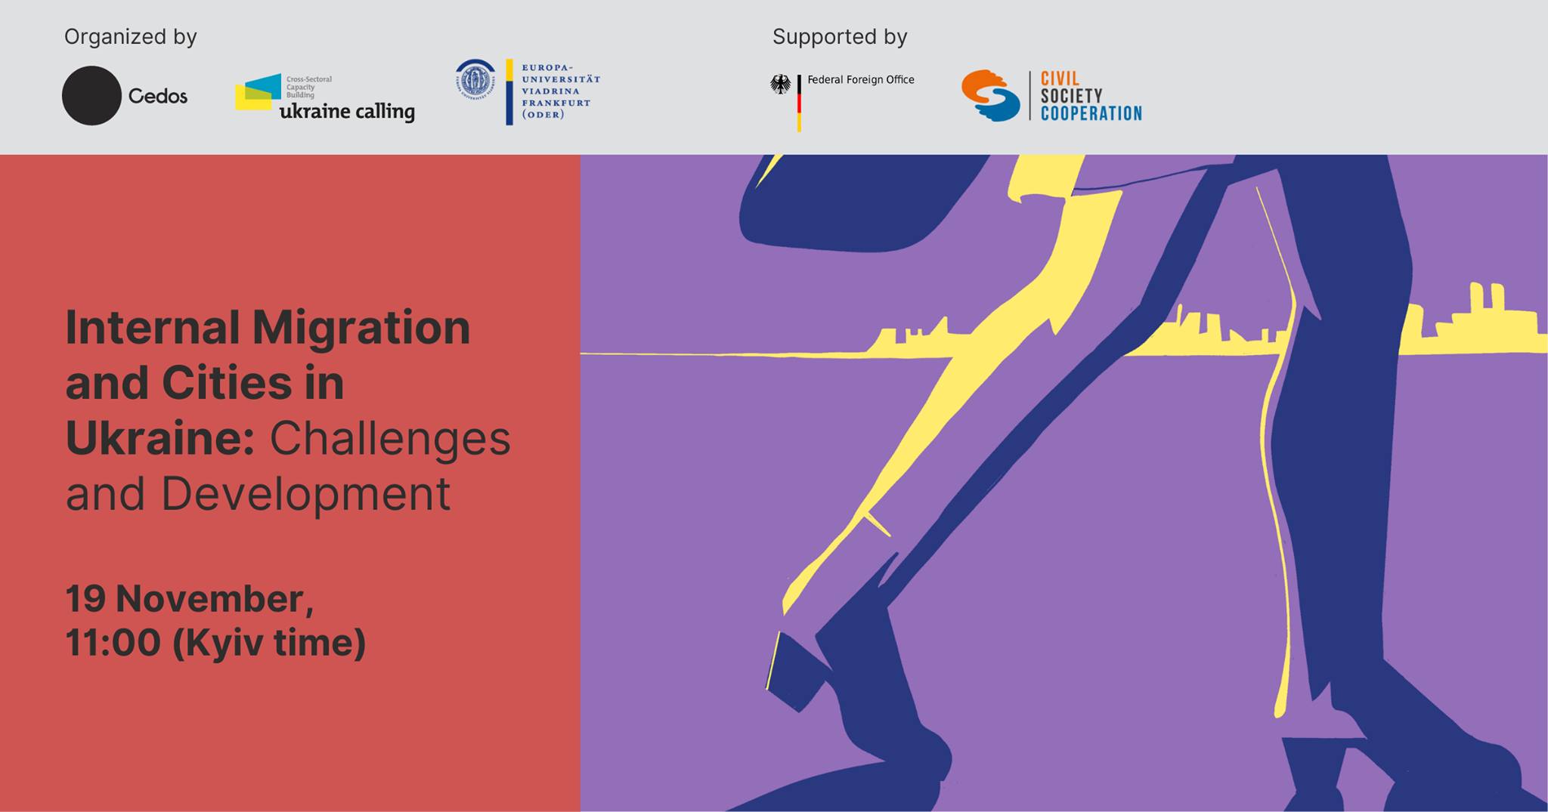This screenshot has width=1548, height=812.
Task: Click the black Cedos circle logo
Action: coord(91,95)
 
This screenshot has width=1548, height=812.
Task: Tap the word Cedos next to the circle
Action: coord(157,96)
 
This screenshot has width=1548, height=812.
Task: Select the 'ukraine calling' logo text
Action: coord(347,112)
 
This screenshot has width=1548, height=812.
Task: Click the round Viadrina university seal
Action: coord(475,79)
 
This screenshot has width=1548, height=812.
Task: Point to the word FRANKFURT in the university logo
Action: coord(556,103)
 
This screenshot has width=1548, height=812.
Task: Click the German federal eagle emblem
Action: coord(781,84)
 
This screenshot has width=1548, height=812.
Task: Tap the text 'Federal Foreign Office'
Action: coord(861,79)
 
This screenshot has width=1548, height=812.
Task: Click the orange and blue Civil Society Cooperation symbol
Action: coord(990,95)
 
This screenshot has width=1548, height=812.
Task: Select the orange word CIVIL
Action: coord(1060,79)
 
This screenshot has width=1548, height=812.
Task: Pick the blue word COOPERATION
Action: coord(1091,113)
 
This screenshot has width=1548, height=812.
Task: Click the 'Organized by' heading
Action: coord(130,37)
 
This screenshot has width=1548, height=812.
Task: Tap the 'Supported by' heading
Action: coord(839,37)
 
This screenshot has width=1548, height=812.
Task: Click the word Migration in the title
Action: coord(361,329)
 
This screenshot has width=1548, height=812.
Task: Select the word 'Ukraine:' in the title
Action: coord(160,438)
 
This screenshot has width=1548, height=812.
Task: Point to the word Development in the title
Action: coord(305,495)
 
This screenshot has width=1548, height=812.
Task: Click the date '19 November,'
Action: coord(190,599)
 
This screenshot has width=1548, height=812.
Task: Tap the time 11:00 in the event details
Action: coord(113,643)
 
